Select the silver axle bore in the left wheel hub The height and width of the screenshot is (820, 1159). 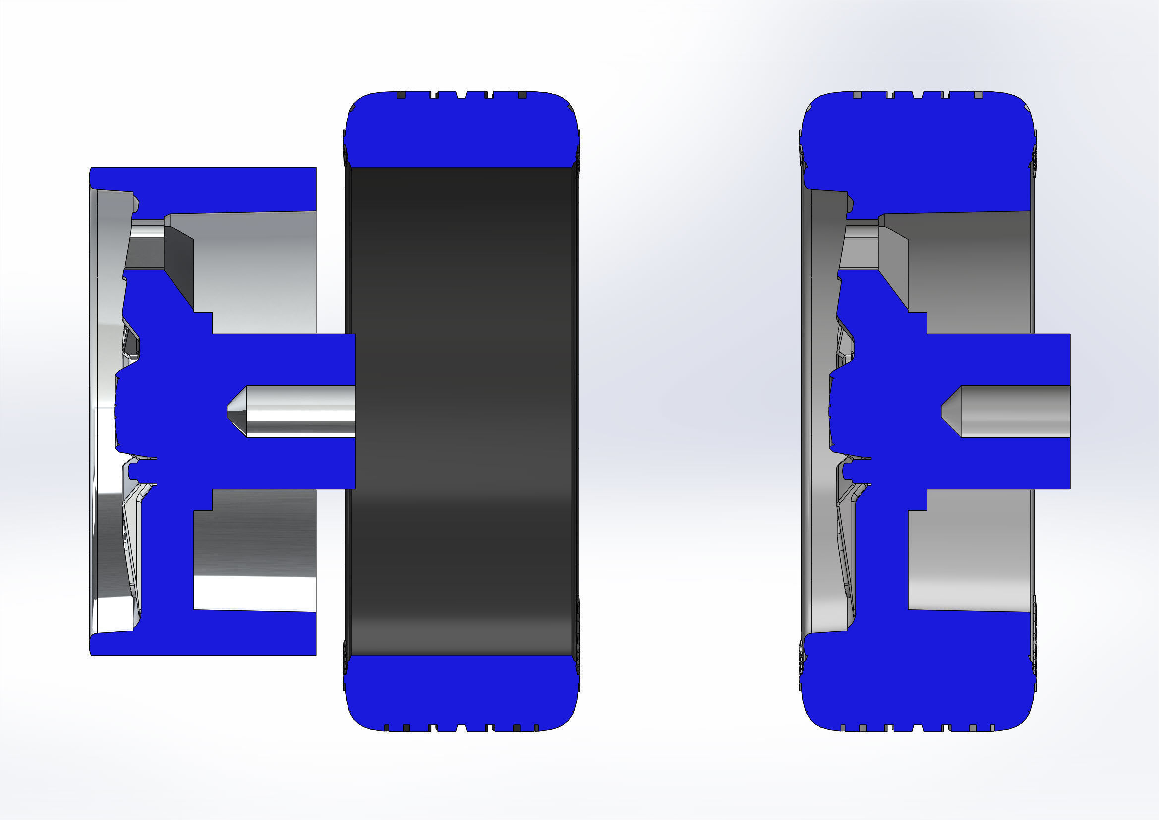[301, 411]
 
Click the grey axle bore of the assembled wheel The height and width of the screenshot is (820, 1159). [1015, 411]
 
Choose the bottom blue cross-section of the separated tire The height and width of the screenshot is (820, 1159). [462, 692]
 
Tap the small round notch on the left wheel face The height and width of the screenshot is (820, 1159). [132, 472]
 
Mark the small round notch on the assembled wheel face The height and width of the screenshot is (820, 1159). [847, 472]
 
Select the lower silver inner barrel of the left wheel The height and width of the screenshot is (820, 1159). [255, 561]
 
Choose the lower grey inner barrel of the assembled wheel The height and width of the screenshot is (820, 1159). [969, 561]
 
